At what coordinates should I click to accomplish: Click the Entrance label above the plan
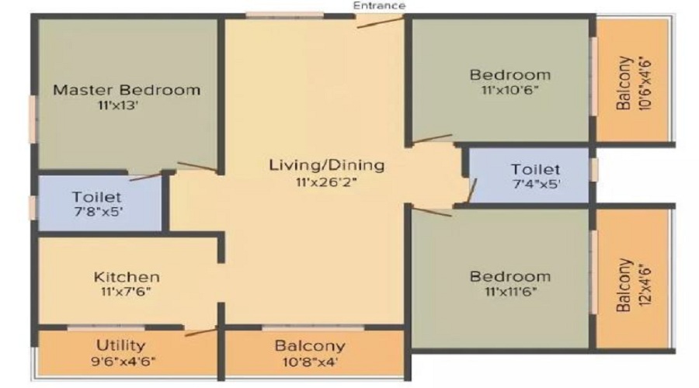click(x=379, y=5)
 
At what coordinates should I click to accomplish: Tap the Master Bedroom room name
click(x=127, y=90)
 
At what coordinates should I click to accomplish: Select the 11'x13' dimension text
click(x=118, y=106)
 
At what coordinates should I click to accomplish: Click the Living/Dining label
click(x=327, y=165)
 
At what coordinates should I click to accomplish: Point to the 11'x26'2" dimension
click(x=327, y=182)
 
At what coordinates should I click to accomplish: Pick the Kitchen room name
click(x=127, y=277)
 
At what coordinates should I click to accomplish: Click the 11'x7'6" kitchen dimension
click(x=126, y=293)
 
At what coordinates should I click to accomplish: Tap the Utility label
click(x=121, y=345)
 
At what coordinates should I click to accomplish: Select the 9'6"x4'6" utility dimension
click(x=123, y=361)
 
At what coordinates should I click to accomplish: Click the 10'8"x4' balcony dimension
click(x=310, y=362)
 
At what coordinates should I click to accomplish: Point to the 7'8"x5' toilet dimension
click(x=99, y=211)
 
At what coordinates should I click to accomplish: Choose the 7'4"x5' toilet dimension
click(x=537, y=184)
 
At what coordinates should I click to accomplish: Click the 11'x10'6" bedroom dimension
click(x=510, y=90)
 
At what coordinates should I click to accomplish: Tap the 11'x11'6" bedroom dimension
click(x=510, y=292)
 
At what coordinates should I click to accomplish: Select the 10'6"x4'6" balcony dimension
click(x=645, y=83)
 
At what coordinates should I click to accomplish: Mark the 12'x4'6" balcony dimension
click(x=645, y=285)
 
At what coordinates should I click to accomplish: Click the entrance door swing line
click(x=381, y=23)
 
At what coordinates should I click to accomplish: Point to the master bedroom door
click(x=197, y=166)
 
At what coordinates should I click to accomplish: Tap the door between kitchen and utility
click(x=200, y=332)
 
